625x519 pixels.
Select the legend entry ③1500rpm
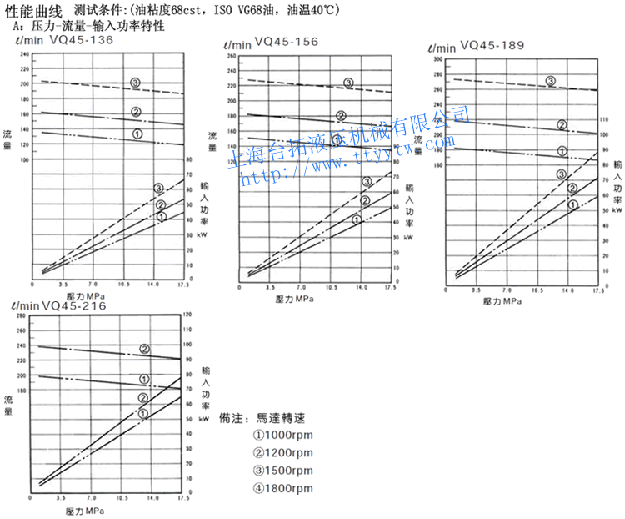(x=283, y=471)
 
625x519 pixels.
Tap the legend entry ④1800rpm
(x=283, y=488)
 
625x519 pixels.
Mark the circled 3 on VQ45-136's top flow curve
(x=136, y=83)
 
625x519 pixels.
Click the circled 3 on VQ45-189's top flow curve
(x=551, y=81)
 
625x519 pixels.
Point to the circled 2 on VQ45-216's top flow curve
(x=144, y=349)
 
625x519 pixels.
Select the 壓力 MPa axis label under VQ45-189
(x=502, y=300)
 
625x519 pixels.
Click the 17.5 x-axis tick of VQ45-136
(x=182, y=285)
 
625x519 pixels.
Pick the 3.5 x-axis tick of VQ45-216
(x=62, y=496)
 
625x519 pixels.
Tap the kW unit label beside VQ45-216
(x=204, y=421)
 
